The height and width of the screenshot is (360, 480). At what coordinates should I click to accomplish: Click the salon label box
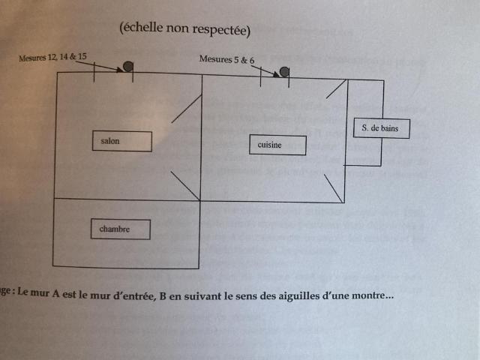[x=121, y=141]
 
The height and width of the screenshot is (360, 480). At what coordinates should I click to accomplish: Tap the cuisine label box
[x=277, y=145]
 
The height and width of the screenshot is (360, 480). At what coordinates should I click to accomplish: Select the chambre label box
[x=120, y=229]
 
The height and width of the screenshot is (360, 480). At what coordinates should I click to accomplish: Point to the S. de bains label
[x=382, y=128]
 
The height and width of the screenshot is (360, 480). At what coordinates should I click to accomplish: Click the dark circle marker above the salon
[x=128, y=67]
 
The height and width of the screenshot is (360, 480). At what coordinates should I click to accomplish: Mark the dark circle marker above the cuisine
[x=284, y=72]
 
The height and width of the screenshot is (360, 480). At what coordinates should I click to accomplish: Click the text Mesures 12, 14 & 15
[x=53, y=57]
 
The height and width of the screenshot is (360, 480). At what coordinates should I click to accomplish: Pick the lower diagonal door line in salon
[x=185, y=186]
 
